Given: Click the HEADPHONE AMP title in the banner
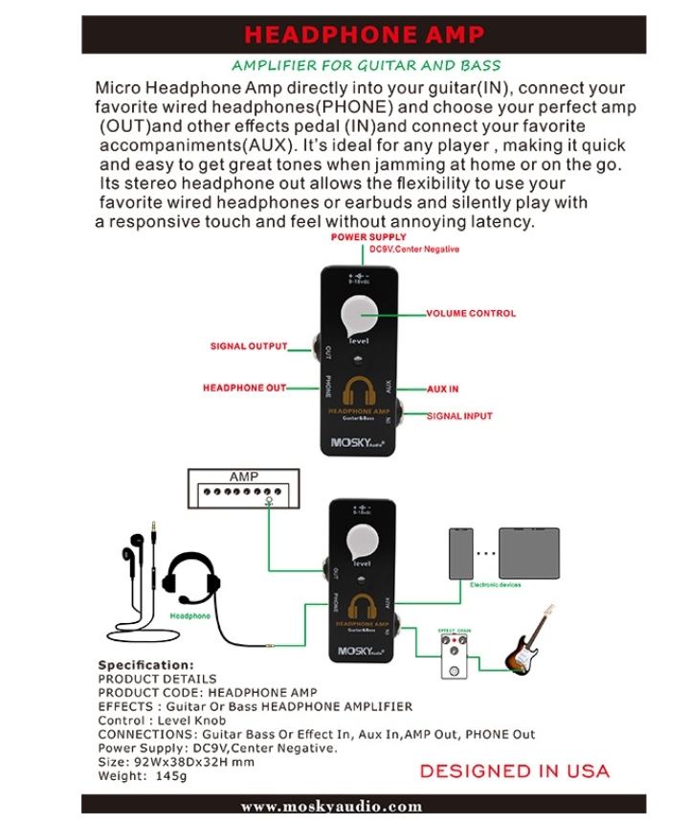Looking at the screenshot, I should [364, 35].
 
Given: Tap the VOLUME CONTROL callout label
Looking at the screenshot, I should [471, 313].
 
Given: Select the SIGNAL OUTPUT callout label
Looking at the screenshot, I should [248, 346].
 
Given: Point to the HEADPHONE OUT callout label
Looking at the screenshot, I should [244, 388].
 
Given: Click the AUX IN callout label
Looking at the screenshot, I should [442, 390].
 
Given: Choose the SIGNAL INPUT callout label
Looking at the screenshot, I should [459, 416].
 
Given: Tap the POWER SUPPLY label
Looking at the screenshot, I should [368, 237].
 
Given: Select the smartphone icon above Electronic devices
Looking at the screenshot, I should [461, 552].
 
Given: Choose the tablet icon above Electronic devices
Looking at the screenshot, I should [528, 552].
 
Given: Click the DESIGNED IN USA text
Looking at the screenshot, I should [514, 770].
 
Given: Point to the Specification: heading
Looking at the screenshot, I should [145, 665].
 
